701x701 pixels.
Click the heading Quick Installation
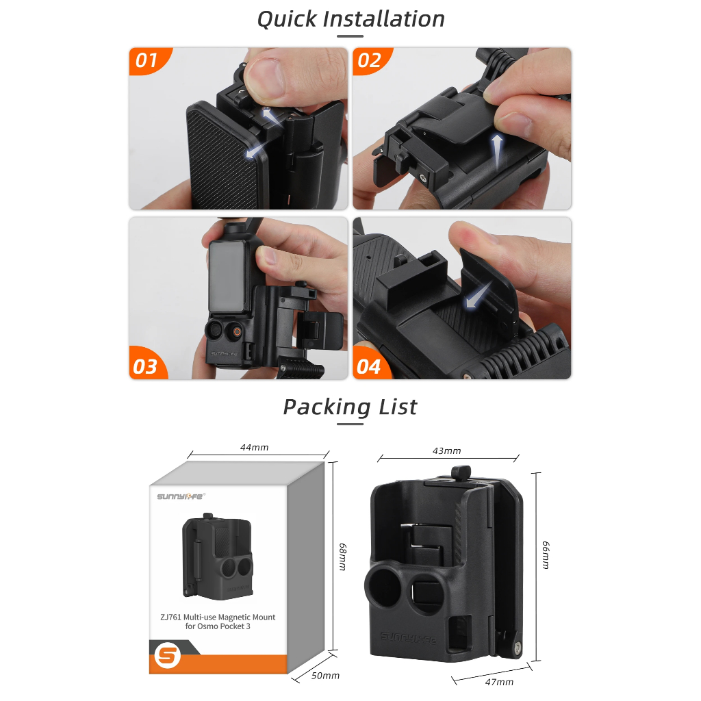(350, 19)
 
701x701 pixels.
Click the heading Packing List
(350, 407)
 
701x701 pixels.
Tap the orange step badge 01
(149, 60)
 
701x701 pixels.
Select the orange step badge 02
(371, 60)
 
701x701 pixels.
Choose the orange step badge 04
(370, 364)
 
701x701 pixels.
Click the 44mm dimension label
(255, 447)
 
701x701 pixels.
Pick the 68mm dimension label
(342, 557)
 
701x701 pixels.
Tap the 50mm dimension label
(325, 676)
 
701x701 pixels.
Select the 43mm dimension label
(446, 450)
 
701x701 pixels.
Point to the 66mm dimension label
(546, 555)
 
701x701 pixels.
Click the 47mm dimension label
(499, 683)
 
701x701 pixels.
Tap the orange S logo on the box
(167, 656)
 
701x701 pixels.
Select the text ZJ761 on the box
(170, 617)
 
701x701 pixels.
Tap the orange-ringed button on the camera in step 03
(237, 332)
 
